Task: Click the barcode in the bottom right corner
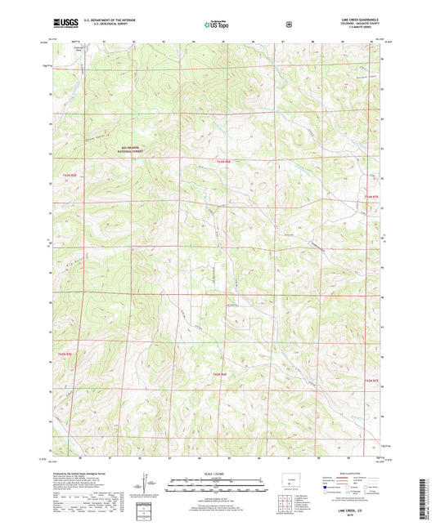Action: (425, 495)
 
